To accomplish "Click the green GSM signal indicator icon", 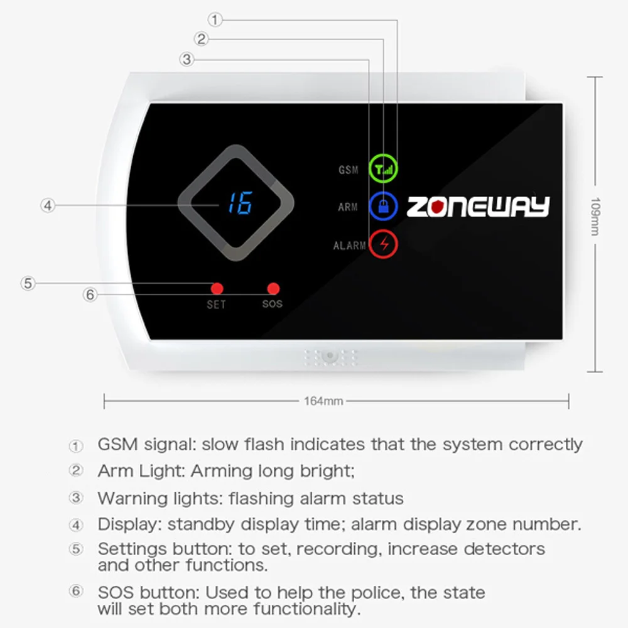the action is [382, 168].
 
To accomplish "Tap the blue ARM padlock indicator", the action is [382, 205].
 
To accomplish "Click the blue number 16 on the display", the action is [239, 203].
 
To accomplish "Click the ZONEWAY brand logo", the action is [478, 207].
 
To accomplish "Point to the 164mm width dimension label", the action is [323, 401].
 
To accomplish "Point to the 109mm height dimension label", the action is [595, 217].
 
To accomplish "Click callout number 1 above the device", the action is [215, 20].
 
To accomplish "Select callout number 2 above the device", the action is [201, 40].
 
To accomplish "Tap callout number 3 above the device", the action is [186, 60].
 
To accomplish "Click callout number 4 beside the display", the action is [48, 205].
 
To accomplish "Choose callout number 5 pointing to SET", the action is [27, 283].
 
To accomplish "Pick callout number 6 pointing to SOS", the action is [91, 294].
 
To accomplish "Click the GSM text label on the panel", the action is [348, 170].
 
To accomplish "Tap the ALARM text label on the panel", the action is [349, 246].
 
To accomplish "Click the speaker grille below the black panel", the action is [330, 357].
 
